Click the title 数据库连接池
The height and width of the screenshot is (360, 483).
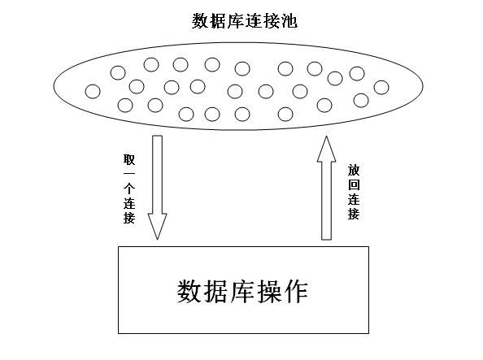[x=245, y=21]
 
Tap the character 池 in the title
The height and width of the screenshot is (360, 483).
[x=289, y=21]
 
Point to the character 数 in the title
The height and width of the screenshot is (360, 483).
[x=200, y=21]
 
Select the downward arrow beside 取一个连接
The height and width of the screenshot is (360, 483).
[x=158, y=187]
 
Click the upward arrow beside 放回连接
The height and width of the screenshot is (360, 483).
[x=327, y=188]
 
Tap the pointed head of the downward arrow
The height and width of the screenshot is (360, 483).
[x=158, y=239]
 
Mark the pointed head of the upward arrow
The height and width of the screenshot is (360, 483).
[x=327, y=137]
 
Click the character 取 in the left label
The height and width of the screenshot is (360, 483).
[x=129, y=159]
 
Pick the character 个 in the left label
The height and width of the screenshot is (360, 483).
[x=129, y=189]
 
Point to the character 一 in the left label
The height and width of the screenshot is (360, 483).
[x=129, y=174]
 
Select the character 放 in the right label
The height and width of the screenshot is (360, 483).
[x=354, y=170]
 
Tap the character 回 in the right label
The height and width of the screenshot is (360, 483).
[x=354, y=184]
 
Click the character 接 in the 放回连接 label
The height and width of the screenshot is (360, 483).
[x=354, y=214]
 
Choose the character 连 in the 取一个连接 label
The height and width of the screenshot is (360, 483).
[x=129, y=203]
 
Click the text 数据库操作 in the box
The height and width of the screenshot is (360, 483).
[x=243, y=291]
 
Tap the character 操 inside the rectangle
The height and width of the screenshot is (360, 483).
[x=269, y=291]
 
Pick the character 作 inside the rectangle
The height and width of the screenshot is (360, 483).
[x=296, y=291]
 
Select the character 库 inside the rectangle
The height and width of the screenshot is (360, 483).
[x=243, y=291]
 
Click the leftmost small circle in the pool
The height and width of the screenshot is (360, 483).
[x=93, y=92]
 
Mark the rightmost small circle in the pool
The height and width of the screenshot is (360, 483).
[x=381, y=88]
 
